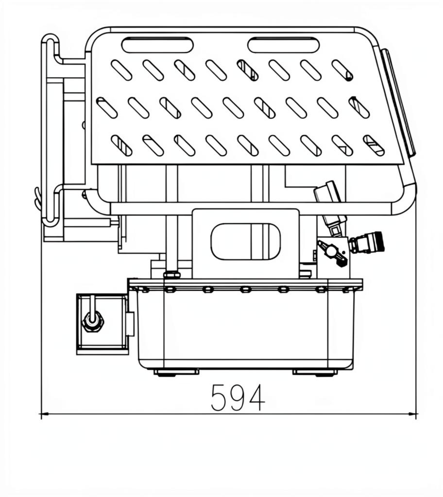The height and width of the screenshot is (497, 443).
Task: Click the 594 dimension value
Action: [x=238, y=397]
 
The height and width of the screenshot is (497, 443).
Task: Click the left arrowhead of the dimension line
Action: [x=44, y=414]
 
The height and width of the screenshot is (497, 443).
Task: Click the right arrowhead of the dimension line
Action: [x=413, y=414]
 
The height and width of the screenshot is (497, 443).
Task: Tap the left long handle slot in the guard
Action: [x=157, y=45]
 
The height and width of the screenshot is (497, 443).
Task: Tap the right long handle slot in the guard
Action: [x=283, y=45]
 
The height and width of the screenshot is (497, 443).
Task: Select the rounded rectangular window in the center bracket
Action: [x=246, y=242]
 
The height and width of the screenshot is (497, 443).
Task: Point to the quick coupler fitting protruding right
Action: [x=367, y=243]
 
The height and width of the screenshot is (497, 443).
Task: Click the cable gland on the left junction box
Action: [x=92, y=321]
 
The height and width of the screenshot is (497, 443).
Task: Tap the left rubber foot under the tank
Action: [x=177, y=372]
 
